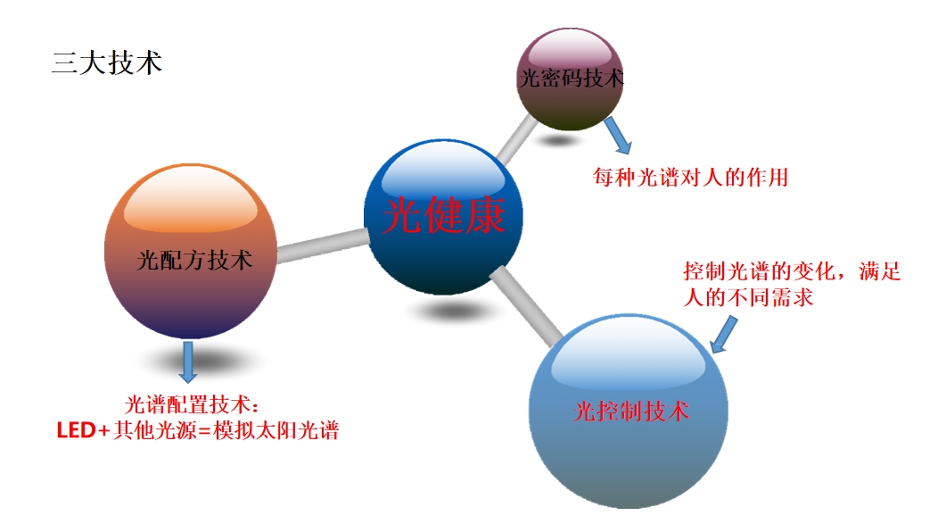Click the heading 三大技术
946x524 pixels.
(107, 63)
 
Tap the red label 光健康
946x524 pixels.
(443, 215)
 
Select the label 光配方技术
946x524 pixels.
(194, 260)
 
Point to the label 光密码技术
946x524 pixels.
(572, 78)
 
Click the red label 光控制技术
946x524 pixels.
(630, 412)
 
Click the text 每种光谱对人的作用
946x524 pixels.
(690, 177)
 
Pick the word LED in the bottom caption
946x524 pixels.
(76, 430)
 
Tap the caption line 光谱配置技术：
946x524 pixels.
(193, 404)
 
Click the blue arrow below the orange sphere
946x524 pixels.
(188, 362)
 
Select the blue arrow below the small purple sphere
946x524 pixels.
(618, 136)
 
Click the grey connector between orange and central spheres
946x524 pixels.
(323, 245)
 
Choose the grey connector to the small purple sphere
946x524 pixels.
(517, 139)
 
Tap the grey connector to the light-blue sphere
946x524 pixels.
(526, 306)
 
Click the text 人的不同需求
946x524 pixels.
(748, 297)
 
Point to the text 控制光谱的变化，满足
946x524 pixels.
(792, 271)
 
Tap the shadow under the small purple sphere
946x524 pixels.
(558, 141)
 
